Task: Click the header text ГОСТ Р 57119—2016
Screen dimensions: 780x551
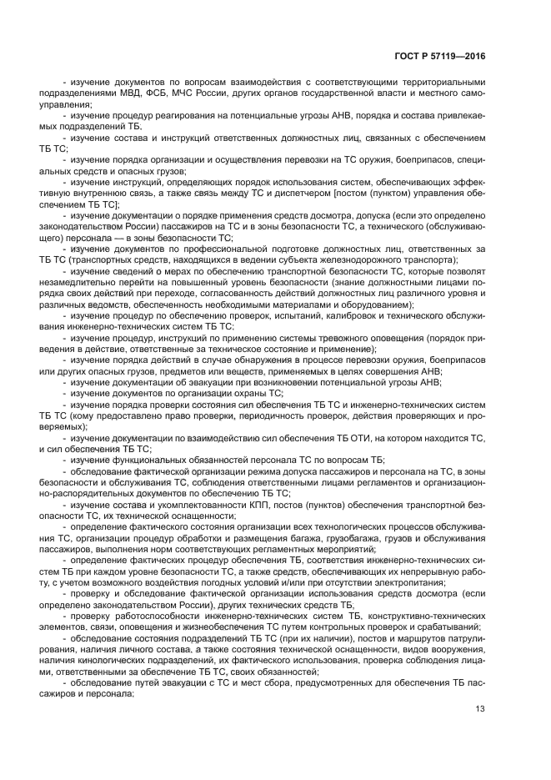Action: (439, 55)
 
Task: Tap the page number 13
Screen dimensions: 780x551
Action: (480, 709)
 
